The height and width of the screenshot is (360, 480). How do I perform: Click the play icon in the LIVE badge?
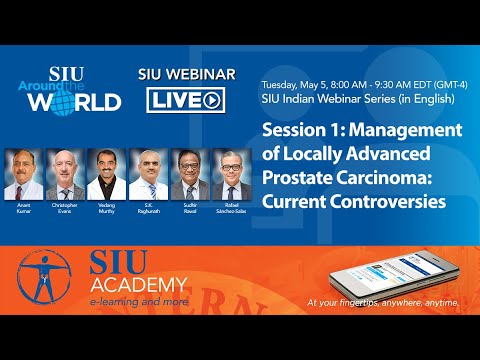pyautogui.click(x=212, y=100)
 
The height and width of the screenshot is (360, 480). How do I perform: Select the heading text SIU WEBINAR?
pyautogui.click(x=187, y=75)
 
